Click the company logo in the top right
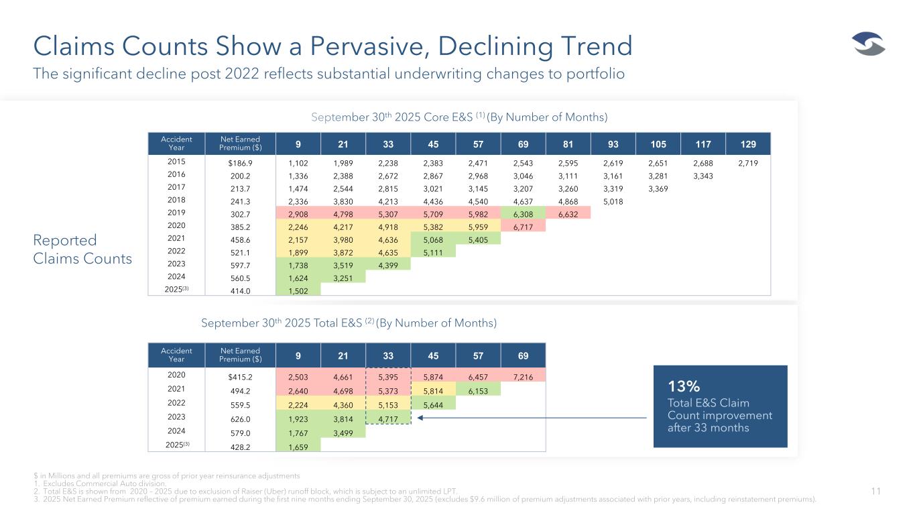coord(869,45)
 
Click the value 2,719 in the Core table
coord(748,163)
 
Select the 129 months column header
coord(748,144)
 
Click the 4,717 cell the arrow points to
coord(388,419)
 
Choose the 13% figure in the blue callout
coord(684,386)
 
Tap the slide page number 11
coord(875,492)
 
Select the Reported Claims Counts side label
coord(82,249)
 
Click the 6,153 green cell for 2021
coord(478,391)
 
